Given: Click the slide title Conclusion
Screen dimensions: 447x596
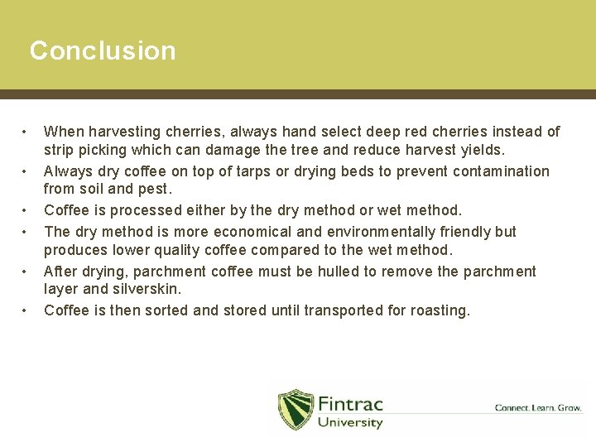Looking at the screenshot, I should click(x=103, y=50).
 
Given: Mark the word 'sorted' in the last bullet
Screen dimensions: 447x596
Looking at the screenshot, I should click(x=182, y=310).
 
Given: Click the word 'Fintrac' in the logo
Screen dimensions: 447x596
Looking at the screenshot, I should click(x=350, y=403).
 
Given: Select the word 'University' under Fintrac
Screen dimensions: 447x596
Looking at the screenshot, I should click(x=350, y=423).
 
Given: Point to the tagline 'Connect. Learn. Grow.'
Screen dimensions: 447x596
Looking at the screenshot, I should click(x=538, y=407).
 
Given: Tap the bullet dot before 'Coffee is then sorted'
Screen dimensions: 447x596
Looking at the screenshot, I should click(x=26, y=311).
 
